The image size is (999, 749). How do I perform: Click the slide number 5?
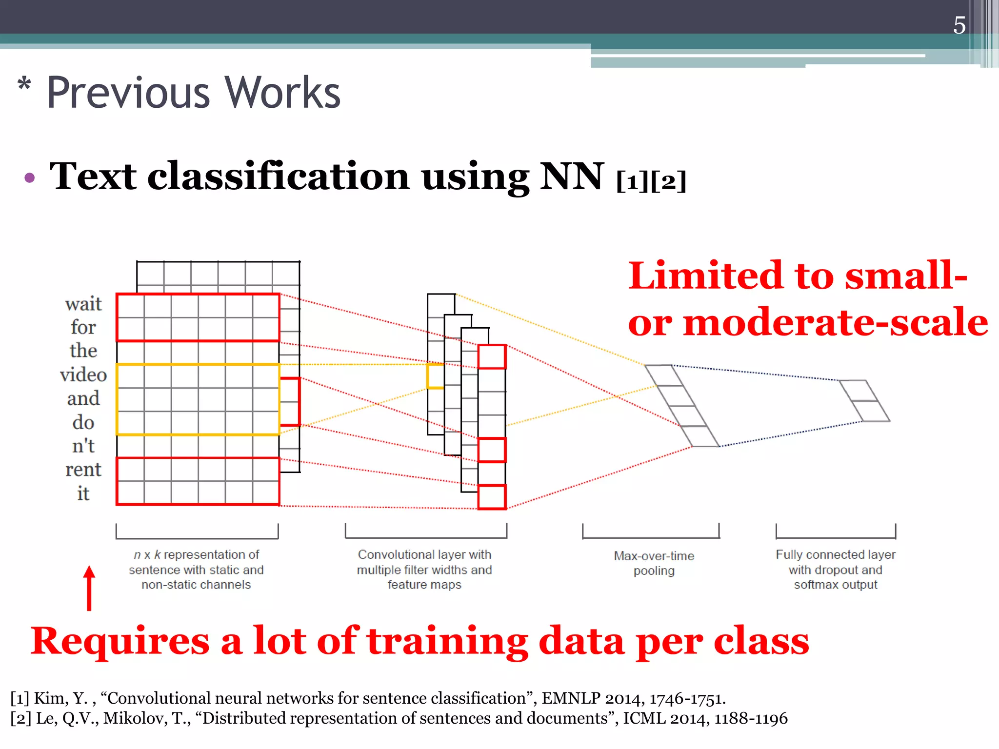(959, 25)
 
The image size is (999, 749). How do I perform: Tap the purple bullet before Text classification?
(30, 177)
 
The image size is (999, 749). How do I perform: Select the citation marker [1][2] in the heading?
(651, 181)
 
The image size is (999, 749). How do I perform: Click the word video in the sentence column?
(83, 374)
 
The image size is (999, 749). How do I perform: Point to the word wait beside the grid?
(83, 304)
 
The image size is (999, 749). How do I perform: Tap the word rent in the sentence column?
(83, 469)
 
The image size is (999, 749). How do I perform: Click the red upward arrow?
(89, 588)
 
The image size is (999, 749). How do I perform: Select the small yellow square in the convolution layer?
(435, 376)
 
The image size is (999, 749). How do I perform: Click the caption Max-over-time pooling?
(654, 563)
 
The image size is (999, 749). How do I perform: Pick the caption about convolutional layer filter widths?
(424, 569)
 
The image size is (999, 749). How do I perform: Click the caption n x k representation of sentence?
(196, 569)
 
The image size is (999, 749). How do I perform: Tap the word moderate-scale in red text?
(835, 322)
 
